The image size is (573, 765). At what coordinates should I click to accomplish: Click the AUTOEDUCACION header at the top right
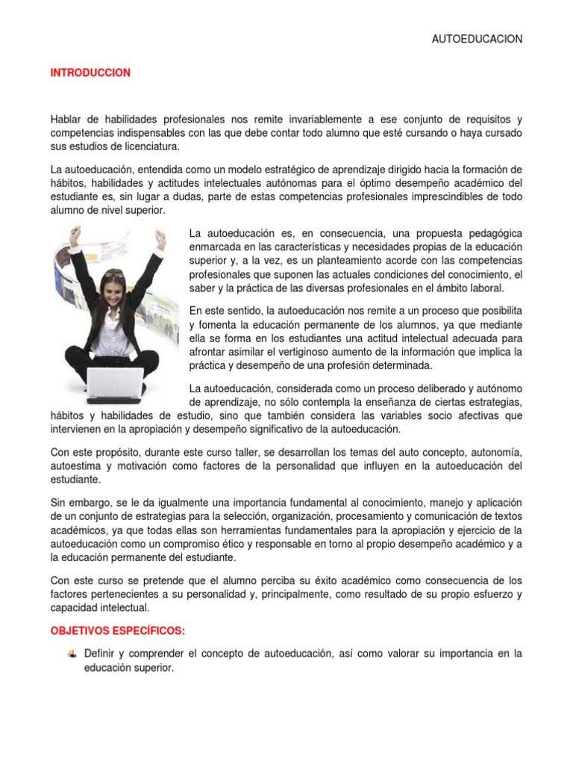(477, 40)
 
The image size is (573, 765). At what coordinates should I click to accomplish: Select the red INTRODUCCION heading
(90, 73)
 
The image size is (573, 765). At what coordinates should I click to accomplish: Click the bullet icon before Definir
(72, 654)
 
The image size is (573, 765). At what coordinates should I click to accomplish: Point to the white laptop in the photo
(115, 381)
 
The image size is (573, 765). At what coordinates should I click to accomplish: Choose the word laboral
(486, 288)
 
